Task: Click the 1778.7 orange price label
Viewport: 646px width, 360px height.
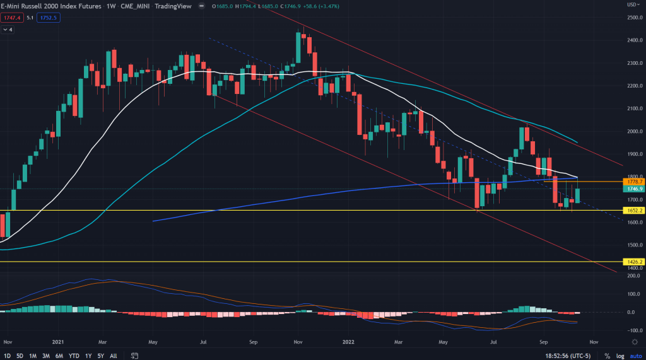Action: tap(632, 182)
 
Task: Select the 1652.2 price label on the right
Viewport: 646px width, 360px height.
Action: tap(632, 210)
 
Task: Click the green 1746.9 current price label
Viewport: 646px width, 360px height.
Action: tap(632, 189)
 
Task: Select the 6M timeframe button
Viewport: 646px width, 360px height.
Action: tap(59, 355)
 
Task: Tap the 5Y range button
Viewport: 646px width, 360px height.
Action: tap(100, 355)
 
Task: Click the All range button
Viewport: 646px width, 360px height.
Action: tap(114, 355)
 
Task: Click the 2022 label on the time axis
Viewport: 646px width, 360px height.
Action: tap(349, 341)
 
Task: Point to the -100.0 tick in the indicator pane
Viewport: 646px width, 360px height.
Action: tap(632, 330)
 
